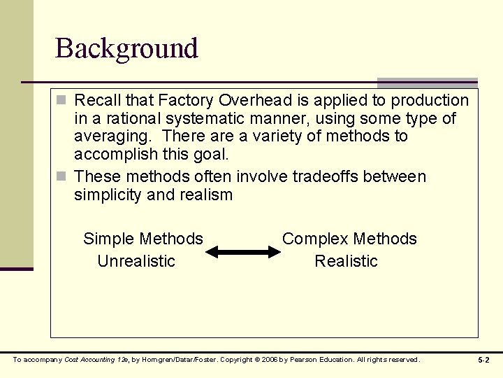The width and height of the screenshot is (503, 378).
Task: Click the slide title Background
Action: (x=126, y=48)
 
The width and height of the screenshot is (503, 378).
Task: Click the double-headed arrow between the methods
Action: (x=242, y=251)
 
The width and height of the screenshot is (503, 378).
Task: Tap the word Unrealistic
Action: (x=136, y=261)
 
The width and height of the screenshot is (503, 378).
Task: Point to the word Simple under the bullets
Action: (x=109, y=239)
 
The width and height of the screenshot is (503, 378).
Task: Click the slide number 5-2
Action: (x=483, y=360)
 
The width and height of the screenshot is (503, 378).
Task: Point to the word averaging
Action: (x=109, y=136)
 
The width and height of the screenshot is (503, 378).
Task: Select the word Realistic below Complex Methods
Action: (x=346, y=261)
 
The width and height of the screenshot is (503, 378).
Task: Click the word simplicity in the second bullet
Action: (x=108, y=195)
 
